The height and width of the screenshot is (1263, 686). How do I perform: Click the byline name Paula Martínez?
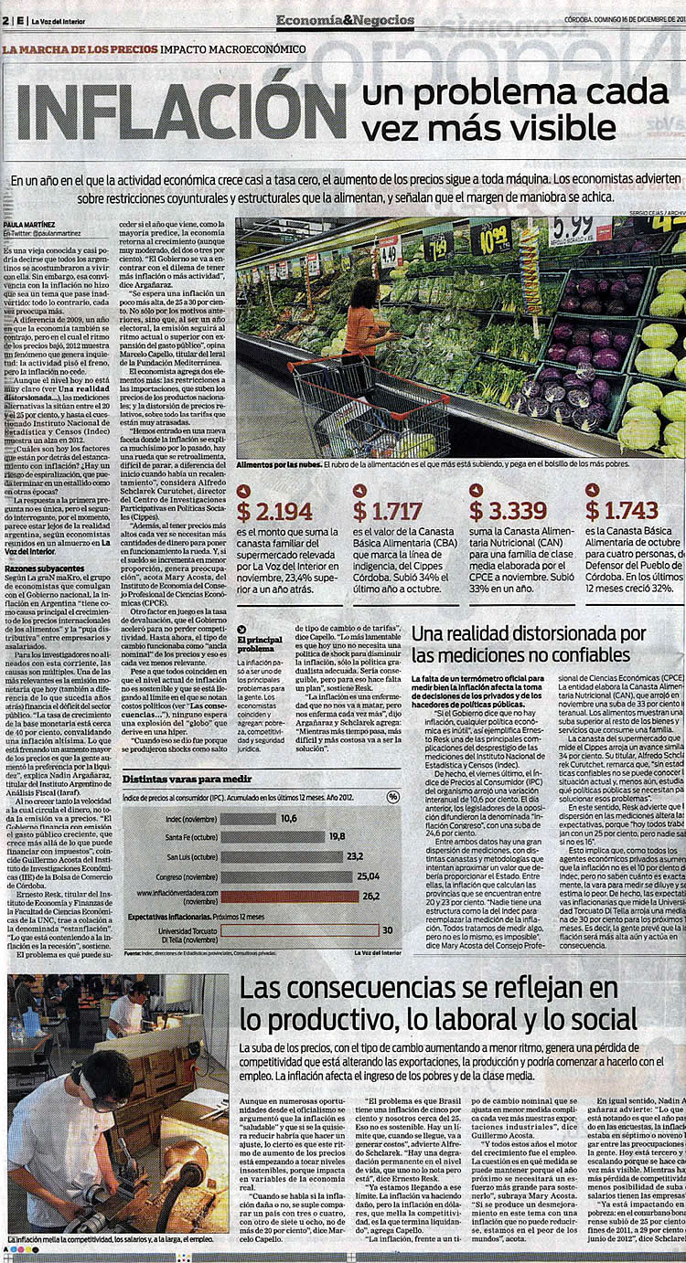31,222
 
